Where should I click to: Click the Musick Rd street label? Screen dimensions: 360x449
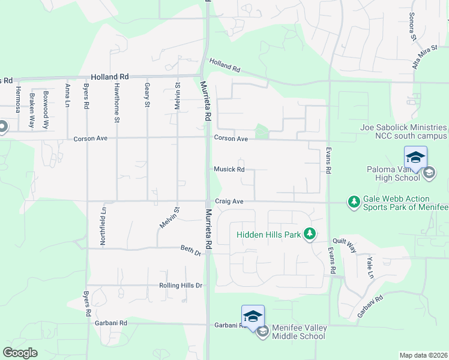point(229,169)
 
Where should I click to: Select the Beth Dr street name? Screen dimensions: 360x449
point(191,248)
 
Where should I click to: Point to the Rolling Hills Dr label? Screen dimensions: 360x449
point(181,286)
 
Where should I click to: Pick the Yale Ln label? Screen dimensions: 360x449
point(371,268)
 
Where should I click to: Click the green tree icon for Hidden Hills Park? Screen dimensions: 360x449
point(309,233)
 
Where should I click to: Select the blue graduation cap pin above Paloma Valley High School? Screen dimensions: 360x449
point(415,158)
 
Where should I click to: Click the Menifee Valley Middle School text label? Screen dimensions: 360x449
point(300,332)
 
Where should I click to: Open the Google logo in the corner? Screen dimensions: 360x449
point(20,353)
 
